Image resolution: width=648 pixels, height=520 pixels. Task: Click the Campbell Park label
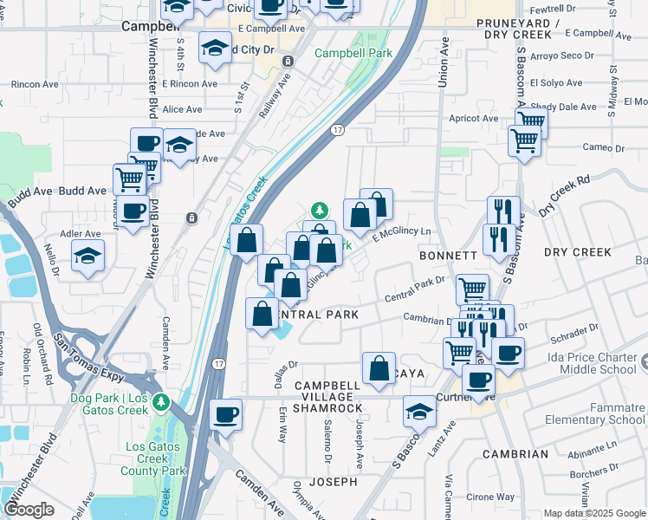353,53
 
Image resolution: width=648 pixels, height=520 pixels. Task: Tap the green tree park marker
320,210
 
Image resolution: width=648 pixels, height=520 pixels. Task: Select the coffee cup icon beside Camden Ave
225,413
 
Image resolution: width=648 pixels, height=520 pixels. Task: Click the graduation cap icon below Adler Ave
87,256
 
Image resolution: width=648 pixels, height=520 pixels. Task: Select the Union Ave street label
444,62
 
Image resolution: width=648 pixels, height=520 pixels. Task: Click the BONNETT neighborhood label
448,257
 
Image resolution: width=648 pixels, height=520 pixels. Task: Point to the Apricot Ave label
473,119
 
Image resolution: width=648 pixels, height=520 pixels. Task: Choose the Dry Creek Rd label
563,196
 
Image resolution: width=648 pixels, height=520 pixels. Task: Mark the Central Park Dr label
414,290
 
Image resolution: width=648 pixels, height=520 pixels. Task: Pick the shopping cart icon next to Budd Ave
129,179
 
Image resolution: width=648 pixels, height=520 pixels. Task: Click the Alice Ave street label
182,109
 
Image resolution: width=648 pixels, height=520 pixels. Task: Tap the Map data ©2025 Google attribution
593,512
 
